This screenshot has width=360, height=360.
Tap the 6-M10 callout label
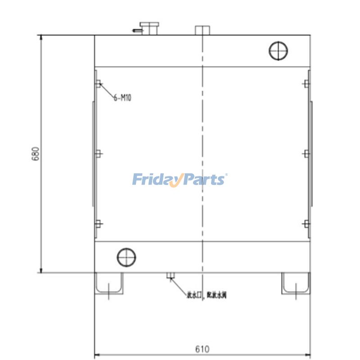(x=122, y=97)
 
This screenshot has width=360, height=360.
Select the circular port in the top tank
(x=278, y=50)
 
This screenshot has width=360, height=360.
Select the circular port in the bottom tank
(x=126, y=257)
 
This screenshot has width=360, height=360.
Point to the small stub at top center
(x=202, y=31)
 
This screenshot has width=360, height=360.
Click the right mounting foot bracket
(x=296, y=283)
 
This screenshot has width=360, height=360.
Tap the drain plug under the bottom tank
(x=171, y=275)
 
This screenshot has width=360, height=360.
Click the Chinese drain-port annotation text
(x=207, y=296)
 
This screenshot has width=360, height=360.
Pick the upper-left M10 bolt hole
(x=99, y=83)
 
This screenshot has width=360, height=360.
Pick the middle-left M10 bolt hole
(x=99, y=153)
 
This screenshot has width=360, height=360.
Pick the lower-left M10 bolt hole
(x=99, y=224)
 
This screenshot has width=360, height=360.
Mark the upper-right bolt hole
(x=306, y=83)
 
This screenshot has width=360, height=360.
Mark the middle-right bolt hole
(x=306, y=153)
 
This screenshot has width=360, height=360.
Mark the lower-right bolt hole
(x=306, y=224)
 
